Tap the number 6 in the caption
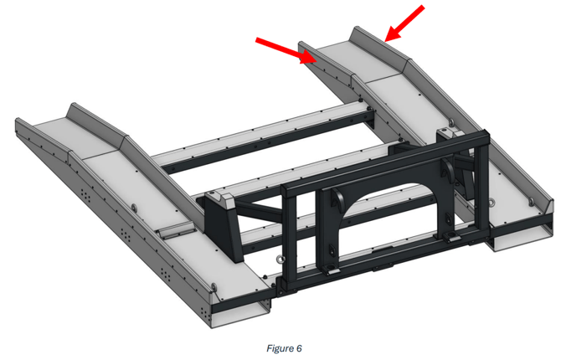[299, 348]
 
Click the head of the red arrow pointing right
[307, 57]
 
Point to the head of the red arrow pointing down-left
[392, 34]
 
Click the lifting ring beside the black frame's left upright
[280, 259]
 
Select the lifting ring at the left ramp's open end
[214, 287]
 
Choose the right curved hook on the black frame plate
[448, 167]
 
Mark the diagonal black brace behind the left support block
[259, 211]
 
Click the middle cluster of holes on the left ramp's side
[125, 234]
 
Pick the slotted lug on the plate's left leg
[332, 250]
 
